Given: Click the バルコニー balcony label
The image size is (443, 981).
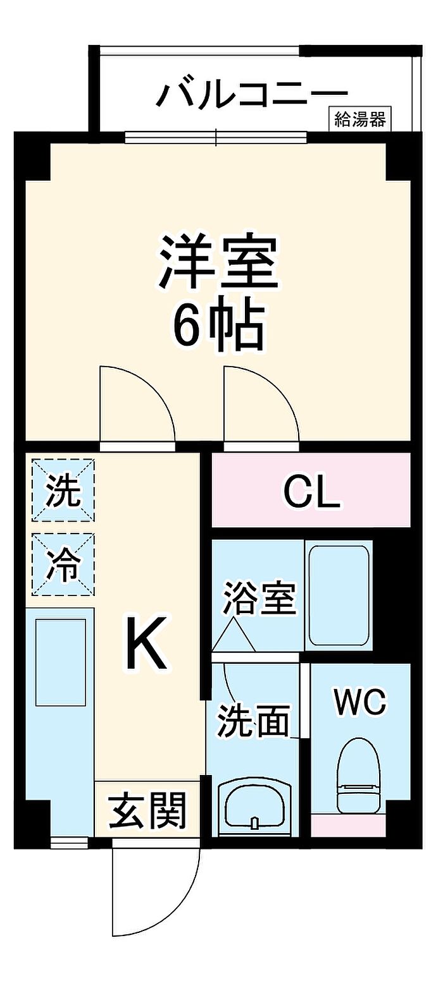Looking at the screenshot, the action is click(252, 94).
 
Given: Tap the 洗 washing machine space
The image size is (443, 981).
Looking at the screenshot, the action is click(63, 490).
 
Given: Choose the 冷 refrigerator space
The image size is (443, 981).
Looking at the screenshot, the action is click(63, 564).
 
